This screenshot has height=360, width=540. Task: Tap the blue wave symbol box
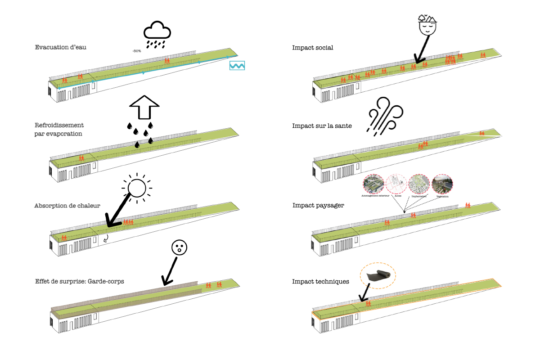tap(237, 65)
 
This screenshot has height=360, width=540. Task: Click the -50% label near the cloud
tap(137, 51)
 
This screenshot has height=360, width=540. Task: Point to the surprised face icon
tap(179, 247)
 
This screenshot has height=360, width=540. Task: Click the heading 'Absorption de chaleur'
tap(67, 206)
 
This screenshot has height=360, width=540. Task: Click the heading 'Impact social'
tap(312, 48)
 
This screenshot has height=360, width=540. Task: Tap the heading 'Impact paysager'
tap(318, 205)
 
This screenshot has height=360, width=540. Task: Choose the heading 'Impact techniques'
tap(320, 282)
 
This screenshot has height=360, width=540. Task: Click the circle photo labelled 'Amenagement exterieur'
tap(374, 184)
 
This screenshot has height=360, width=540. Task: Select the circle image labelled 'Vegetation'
tap(442, 184)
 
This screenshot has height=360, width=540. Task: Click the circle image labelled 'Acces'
tap(397, 184)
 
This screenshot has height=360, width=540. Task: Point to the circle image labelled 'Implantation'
tap(419, 184)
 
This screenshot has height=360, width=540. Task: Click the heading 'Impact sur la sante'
tap(322, 126)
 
